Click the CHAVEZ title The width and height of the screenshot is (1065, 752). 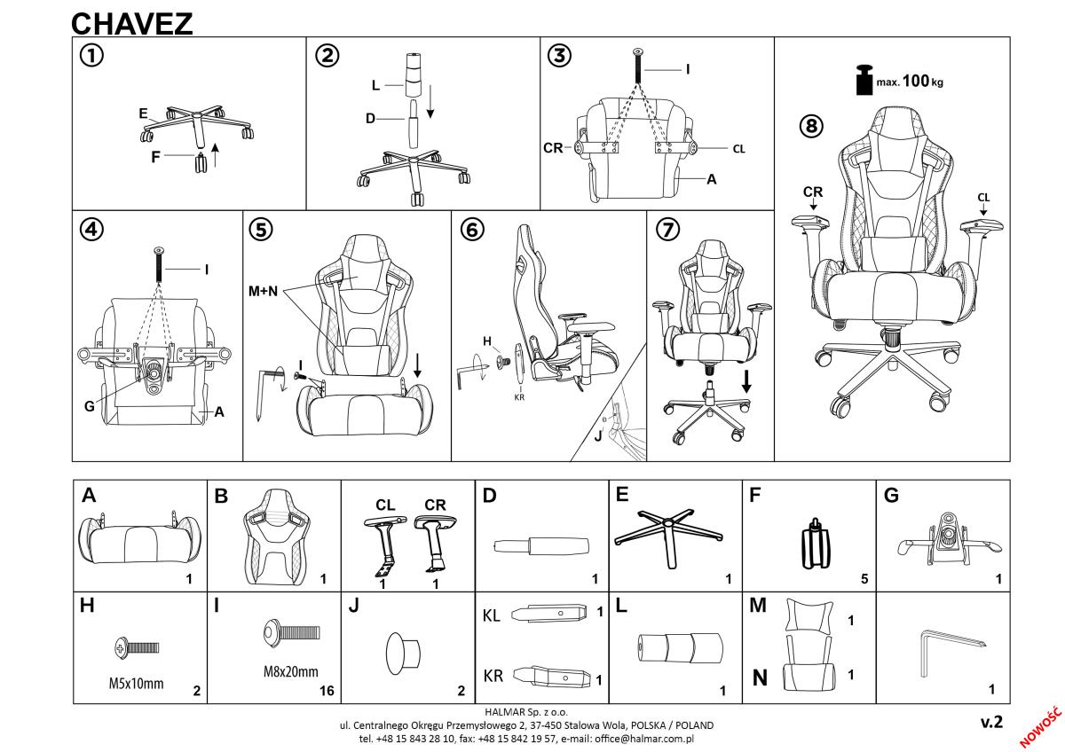131,24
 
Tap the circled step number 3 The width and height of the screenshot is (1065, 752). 559,56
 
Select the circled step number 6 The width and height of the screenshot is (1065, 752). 472,230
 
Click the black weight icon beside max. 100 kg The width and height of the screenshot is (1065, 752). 864,80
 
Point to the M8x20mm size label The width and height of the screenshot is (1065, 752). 290,672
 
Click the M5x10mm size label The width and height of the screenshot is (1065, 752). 136,684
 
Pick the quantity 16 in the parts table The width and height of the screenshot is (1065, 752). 327,691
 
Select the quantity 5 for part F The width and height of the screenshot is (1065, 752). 864,578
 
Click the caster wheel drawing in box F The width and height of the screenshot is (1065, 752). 815,544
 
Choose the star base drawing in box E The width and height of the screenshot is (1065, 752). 668,536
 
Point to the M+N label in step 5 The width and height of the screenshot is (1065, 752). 263,291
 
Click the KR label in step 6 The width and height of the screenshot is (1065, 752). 519,397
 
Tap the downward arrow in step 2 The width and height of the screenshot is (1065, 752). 430,101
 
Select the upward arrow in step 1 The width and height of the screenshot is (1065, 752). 216,155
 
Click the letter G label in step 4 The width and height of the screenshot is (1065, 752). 90,407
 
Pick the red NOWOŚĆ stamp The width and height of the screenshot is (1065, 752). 1040,727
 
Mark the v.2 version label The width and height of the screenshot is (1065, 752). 991,723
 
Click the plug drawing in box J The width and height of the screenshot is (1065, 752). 403,654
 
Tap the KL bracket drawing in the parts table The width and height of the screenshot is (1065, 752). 548,614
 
